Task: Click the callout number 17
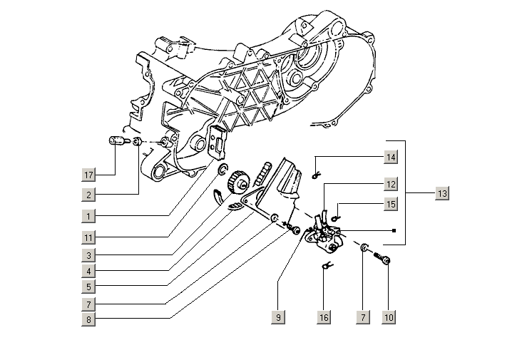[x=88, y=175]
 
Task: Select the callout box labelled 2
[x=88, y=195]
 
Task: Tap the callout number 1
[x=88, y=215]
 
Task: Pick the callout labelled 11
[x=88, y=236]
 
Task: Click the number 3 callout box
[x=88, y=255]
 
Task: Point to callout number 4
[x=88, y=272]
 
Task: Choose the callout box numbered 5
[x=88, y=288]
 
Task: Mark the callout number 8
[x=88, y=321]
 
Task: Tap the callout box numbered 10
[x=388, y=317]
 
